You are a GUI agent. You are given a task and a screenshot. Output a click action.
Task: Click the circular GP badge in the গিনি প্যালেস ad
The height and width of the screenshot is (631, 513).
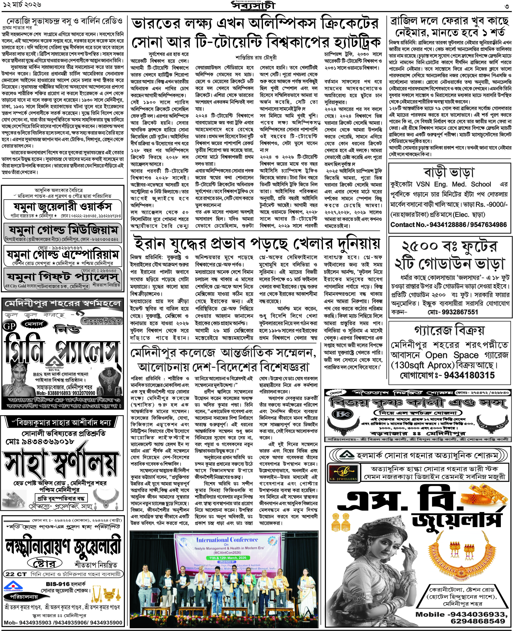click(x=7, y=326)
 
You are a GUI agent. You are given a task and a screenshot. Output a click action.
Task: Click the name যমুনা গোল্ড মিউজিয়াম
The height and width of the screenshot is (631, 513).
click(x=63, y=231)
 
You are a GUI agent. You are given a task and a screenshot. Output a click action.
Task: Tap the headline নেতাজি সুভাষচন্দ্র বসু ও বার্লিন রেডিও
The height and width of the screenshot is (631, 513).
click(x=64, y=21)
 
